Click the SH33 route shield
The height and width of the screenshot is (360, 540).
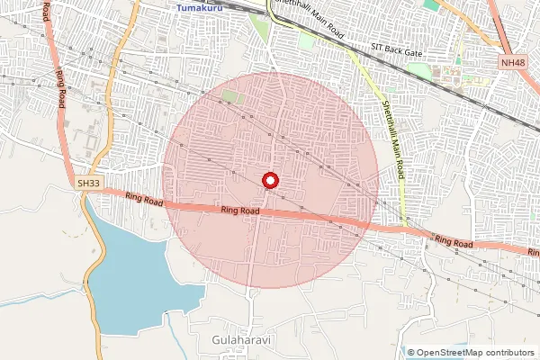coord(87,184)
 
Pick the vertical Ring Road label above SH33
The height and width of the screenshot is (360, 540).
coord(61,88)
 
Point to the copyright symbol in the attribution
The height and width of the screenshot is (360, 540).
coord(411,353)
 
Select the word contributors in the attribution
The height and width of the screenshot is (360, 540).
coord(511,353)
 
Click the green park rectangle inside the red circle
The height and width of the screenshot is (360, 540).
coord(232,95)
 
